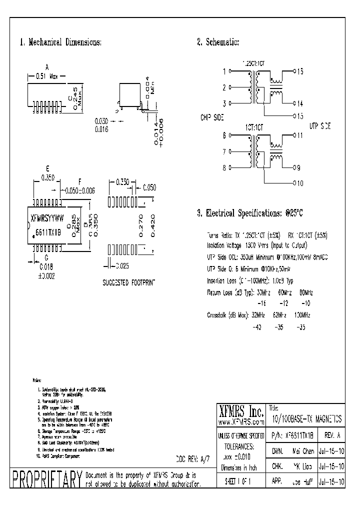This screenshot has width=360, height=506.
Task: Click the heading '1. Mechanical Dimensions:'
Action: pyautogui.click(x=60, y=42)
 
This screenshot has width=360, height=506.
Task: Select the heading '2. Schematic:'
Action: pyautogui.click(x=218, y=42)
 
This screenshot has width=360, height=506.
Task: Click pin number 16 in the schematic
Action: pyautogui.click(x=299, y=71)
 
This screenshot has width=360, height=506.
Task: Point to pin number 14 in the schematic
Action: pyautogui.click(x=299, y=104)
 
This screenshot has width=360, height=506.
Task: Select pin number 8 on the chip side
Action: pyautogui.click(x=224, y=168)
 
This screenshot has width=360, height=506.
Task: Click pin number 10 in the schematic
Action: pyautogui.click(x=299, y=183)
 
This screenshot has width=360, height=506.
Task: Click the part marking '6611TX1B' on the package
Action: pyautogui.click(x=48, y=233)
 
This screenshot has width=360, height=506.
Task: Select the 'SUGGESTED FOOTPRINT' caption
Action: pyautogui.click(x=129, y=282)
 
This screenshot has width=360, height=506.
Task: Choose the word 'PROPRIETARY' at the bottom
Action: pyautogui.click(x=46, y=479)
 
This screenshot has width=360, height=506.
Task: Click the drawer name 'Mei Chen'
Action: pyautogui.click(x=298, y=451)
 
